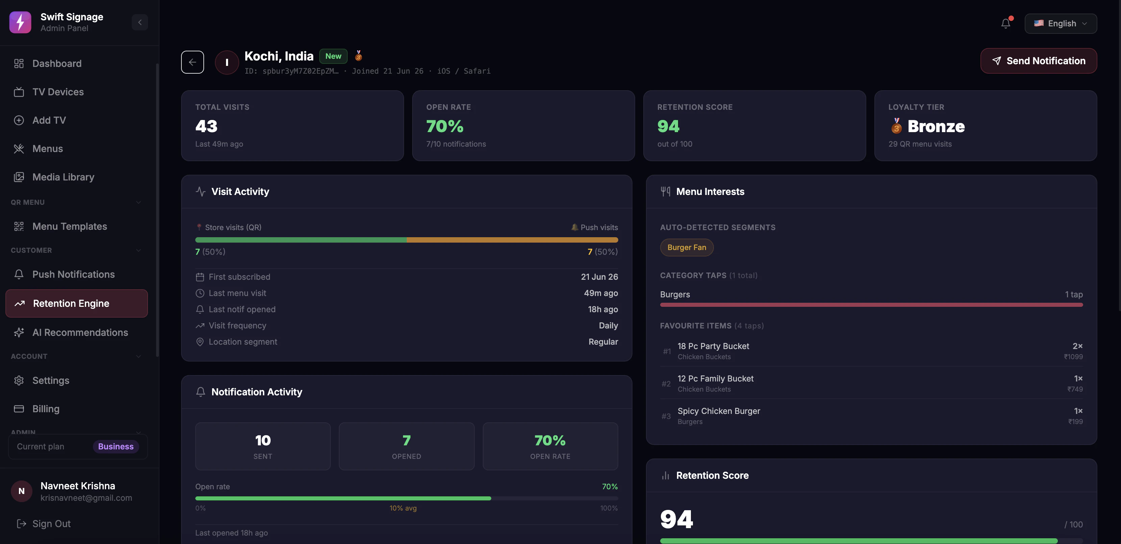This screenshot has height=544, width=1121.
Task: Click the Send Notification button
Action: (1038, 61)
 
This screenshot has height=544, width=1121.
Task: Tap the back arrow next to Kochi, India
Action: (192, 62)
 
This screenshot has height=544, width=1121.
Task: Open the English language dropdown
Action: (1061, 24)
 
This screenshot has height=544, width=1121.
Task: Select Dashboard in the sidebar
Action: (56, 64)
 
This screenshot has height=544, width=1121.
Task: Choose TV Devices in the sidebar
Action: (58, 92)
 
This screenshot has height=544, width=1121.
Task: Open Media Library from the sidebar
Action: (63, 177)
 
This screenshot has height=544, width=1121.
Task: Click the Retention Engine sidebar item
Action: (77, 303)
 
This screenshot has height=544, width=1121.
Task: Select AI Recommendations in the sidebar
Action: (80, 332)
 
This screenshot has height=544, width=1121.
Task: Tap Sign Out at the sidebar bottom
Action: (51, 523)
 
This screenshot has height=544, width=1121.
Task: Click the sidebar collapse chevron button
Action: (140, 22)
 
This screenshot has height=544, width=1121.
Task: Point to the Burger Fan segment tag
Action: (687, 247)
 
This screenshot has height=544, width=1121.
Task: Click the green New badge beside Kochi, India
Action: (333, 56)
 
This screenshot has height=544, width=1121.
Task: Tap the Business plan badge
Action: (116, 446)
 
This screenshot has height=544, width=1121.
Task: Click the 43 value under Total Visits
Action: (206, 126)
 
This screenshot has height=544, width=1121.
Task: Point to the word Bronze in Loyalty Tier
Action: (936, 126)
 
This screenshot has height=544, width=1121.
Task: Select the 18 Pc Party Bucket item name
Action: (713, 346)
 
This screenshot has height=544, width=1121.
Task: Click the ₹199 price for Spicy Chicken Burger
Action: (1075, 422)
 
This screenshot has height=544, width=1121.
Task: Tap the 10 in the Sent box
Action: (263, 440)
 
